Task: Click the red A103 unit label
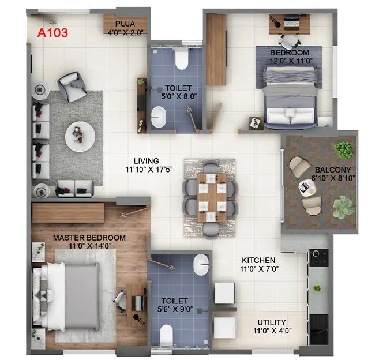(x=52, y=33)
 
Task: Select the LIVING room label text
(x=145, y=161)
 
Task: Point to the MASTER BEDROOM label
(x=89, y=238)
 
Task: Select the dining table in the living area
(x=209, y=197)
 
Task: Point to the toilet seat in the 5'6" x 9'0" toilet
(x=166, y=335)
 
